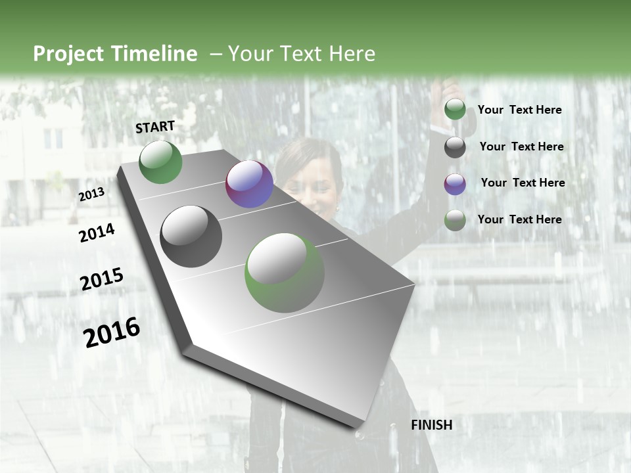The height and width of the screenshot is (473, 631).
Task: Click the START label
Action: [x=155, y=127]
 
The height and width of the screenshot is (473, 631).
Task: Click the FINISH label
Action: [x=431, y=425]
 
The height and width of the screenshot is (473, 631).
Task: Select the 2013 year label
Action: [x=91, y=194]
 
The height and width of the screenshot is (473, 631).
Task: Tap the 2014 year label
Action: [x=97, y=233]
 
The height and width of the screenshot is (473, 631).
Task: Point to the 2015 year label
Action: [x=102, y=279]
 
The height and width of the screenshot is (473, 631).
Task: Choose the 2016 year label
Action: [x=112, y=332]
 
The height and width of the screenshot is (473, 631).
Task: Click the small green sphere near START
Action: [x=160, y=162]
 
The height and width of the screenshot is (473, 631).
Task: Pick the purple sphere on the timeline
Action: [x=249, y=184]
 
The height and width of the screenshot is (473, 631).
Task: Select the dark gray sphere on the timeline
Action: [x=191, y=236]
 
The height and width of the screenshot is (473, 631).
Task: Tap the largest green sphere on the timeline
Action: [x=284, y=273]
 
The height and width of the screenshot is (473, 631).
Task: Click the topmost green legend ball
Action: [x=455, y=110]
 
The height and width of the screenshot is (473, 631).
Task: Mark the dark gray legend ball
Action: [x=455, y=147]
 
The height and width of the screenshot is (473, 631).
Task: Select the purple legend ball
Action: [x=455, y=183]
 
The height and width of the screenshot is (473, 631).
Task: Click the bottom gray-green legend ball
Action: [x=455, y=220]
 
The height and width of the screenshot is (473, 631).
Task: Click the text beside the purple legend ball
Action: [x=523, y=183]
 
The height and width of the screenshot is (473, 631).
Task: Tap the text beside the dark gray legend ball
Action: [x=521, y=146]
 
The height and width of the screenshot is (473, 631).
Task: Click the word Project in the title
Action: [x=67, y=54]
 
